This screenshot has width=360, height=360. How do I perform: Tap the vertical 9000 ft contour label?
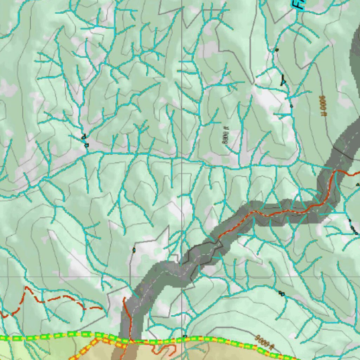pyautogui.click(x=321, y=106)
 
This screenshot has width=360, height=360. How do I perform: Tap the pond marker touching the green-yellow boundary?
pyautogui.click(x=185, y=336)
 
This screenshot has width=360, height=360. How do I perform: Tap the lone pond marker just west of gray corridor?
pyautogui.click(x=134, y=250)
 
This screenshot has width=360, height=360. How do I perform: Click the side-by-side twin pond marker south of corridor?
pyautogui.click(x=281, y=293)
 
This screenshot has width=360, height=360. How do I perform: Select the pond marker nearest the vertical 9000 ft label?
pyautogui.click(x=291, y=106)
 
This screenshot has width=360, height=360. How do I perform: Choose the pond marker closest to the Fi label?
pyautogui.click(x=277, y=50)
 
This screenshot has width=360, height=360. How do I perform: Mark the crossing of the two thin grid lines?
pyautogui.click(x=182, y=277)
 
